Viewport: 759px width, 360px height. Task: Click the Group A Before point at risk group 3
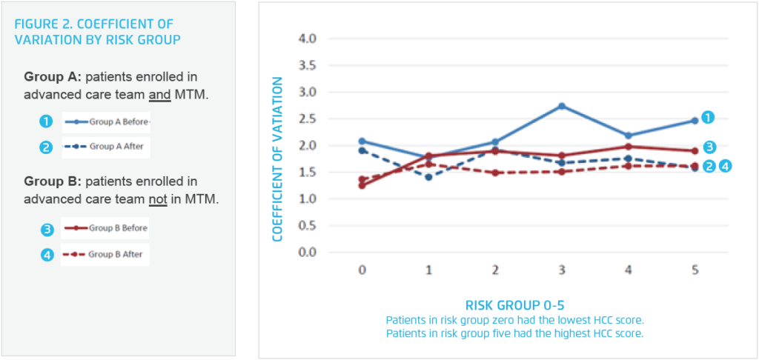pos(562,106)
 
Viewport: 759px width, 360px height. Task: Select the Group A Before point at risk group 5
pos(695,120)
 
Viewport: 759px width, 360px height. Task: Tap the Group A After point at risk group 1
pos(428,177)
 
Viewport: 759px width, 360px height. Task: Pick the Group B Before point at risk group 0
pos(362,185)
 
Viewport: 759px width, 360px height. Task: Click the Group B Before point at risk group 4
pos(628,147)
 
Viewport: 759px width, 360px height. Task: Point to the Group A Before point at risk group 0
pos(362,141)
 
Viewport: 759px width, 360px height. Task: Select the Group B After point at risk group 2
pos(495,173)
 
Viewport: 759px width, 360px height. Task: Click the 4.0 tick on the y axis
pos(306,39)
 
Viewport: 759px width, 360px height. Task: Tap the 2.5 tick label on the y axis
pos(306,119)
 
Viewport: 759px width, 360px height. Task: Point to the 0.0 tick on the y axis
pos(306,253)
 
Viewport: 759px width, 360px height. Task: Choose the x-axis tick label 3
pos(562,271)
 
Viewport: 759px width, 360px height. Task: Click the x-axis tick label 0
pos(362,271)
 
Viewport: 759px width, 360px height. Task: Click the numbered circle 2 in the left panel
pos(46,147)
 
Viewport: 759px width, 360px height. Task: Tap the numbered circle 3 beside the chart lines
pos(709,147)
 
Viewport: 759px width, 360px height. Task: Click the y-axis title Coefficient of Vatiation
pos(278,159)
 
